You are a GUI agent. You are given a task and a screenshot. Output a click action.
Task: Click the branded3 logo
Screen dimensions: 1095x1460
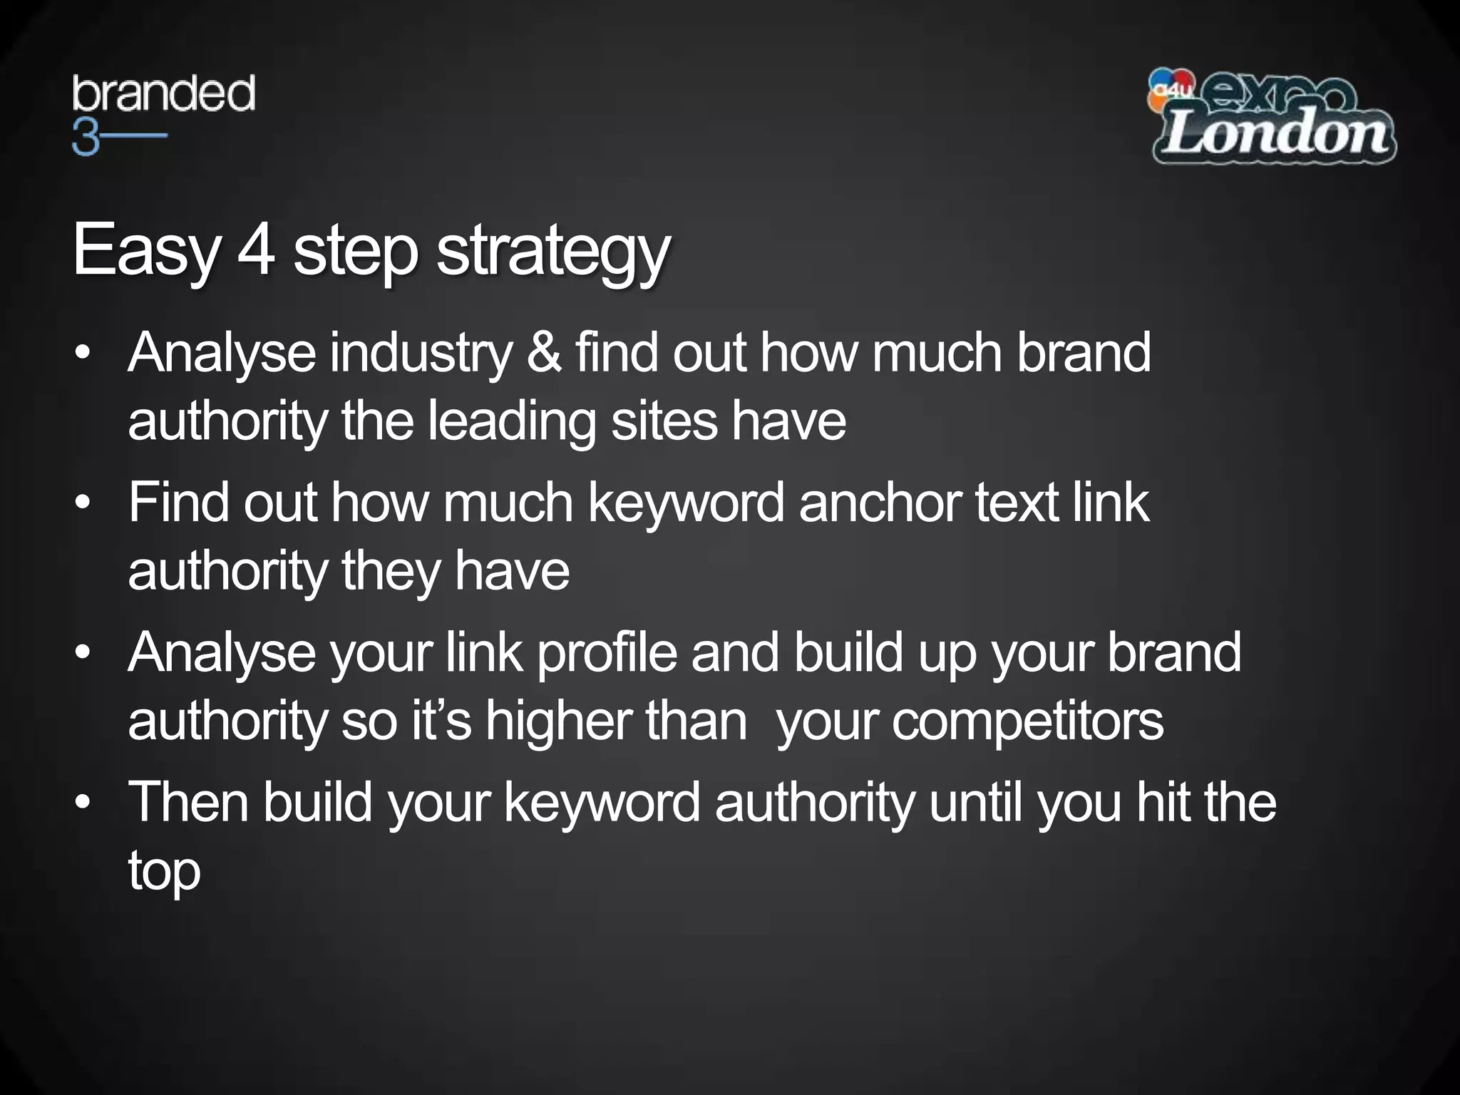click(x=163, y=114)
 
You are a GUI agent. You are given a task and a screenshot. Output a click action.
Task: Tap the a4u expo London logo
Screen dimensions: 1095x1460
click(x=1272, y=117)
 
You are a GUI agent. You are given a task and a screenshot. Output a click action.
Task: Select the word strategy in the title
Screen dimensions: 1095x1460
click(x=553, y=251)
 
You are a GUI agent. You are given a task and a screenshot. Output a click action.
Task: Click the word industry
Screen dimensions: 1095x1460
click(x=421, y=354)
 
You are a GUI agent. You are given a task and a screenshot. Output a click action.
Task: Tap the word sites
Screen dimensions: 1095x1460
click(x=664, y=421)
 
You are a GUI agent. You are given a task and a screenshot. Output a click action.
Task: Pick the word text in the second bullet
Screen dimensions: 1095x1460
click(x=1016, y=503)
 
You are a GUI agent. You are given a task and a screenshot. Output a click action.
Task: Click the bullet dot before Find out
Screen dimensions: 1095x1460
click(x=83, y=503)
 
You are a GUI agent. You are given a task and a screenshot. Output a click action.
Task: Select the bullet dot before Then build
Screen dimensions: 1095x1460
click(x=83, y=803)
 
